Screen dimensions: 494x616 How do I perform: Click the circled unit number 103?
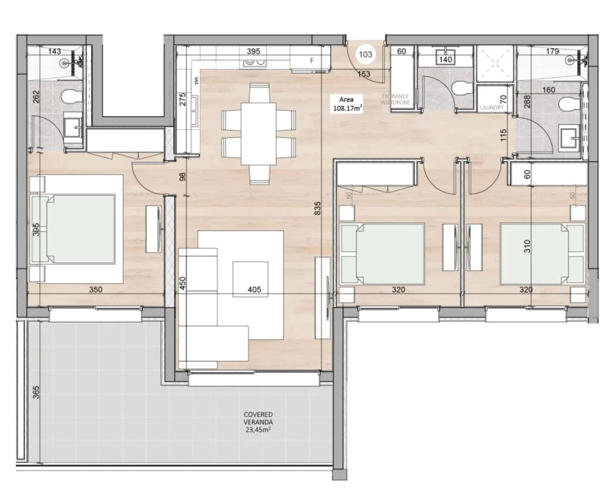(366, 55)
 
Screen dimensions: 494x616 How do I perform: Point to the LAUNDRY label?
(491, 107)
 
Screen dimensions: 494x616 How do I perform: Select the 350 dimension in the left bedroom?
(75, 290)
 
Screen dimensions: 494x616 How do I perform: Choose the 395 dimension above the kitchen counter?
(253, 51)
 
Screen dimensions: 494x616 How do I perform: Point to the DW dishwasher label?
(196, 79)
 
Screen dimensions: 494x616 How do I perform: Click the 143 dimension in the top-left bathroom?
(55, 51)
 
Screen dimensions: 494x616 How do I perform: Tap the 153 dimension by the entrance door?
(363, 75)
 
